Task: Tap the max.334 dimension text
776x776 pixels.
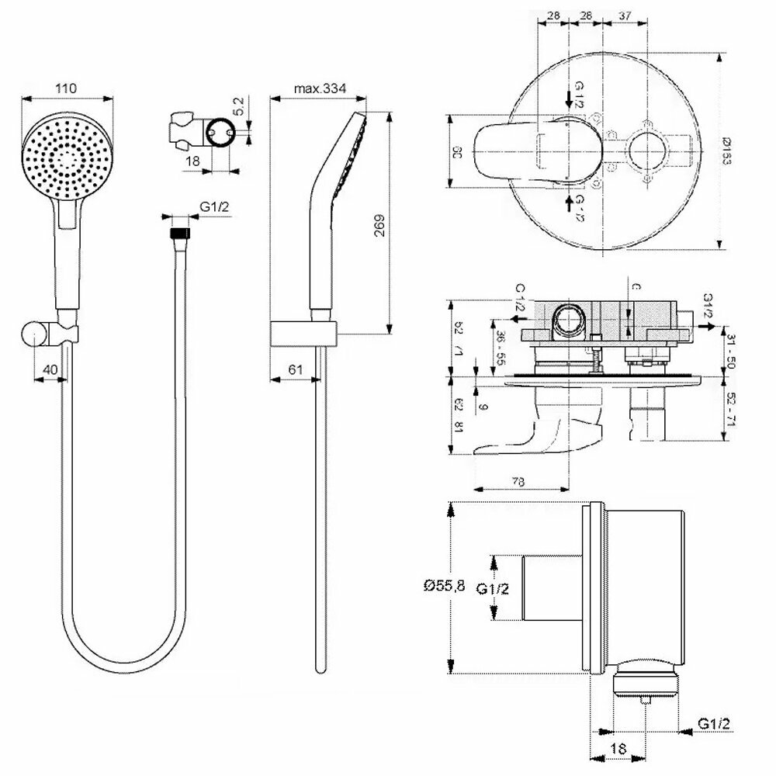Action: pyautogui.click(x=319, y=88)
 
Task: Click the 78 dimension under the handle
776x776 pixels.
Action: pyautogui.click(x=519, y=481)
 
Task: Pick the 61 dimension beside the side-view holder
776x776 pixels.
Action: pyautogui.click(x=294, y=370)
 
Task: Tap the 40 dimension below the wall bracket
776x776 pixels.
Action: pyautogui.click(x=50, y=370)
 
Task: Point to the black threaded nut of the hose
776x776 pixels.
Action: pyautogui.click(x=181, y=231)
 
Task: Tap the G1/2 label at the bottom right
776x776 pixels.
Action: pyautogui.click(x=714, y=724)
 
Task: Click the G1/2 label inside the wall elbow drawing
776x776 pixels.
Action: pyautogui.click(x=493, y=589)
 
